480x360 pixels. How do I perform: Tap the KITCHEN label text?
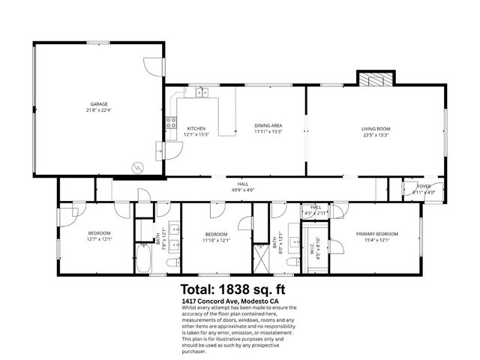(196, 128)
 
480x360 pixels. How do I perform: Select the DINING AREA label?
(267, 124)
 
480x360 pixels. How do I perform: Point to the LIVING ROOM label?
(376, 128)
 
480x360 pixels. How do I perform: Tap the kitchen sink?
(201, 93)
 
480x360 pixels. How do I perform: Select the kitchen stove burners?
(171, 123)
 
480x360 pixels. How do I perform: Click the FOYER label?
(424, 187)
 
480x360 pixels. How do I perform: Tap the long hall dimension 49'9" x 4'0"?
(241, 190)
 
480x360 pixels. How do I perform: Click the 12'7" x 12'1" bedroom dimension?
(99, 239)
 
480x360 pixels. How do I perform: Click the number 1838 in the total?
(242, 289)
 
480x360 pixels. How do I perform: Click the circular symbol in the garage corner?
(136, 166)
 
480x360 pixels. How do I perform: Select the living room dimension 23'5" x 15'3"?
(376, 135)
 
